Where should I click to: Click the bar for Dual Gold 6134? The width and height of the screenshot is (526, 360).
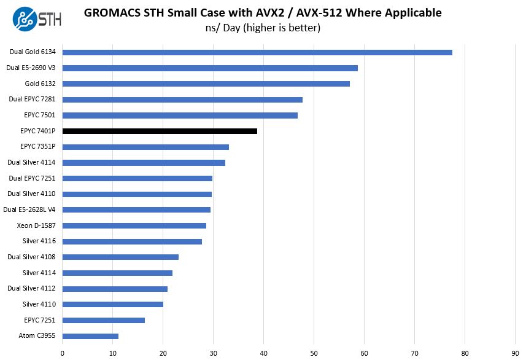point(257,52)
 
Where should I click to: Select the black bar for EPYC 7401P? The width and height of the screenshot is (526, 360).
point(160,131)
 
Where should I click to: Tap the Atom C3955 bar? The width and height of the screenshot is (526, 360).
point(90,336)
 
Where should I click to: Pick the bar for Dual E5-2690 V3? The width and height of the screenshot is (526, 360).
point(210,68)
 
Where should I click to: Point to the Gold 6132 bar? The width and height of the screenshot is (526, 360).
point(206,84)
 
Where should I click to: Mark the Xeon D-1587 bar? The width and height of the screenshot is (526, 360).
point(134,225)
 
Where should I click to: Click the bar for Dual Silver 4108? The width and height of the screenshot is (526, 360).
point(120,257)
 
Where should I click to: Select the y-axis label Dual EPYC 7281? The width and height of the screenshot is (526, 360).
point(32,100)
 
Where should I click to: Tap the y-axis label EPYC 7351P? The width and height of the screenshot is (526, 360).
point(37,147)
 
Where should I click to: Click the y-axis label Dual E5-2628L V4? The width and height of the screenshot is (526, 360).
point(29,209)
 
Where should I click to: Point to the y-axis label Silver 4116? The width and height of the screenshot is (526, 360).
point(39,241)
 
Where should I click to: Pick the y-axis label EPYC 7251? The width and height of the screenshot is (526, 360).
point(40,320)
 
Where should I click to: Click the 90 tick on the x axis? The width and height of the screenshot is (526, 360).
point(515,353)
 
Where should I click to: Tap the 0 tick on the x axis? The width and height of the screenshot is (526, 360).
point(63,353)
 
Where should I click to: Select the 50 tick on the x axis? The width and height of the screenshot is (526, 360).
point(314,353)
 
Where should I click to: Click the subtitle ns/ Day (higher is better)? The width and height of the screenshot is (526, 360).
point(263,28)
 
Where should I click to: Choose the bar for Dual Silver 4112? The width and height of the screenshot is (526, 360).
point(115,289)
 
